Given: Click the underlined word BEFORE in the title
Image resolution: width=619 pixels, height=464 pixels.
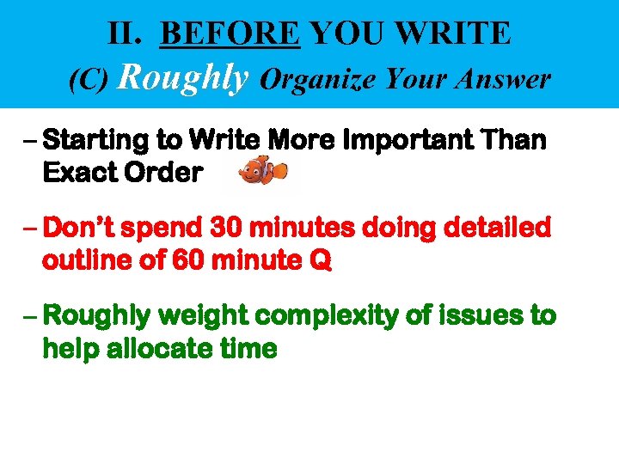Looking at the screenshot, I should [x=230, y=34].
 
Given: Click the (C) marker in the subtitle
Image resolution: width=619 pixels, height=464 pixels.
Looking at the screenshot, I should [x=88, y=80].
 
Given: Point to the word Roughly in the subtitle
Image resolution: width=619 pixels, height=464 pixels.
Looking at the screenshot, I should [x=182, y=77].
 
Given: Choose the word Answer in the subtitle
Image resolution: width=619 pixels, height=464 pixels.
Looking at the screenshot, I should [x=507, y=80].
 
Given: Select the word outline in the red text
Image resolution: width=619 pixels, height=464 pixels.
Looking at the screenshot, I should [x=89, y=260].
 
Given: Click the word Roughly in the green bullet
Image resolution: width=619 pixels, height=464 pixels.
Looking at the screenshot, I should [x=94, y=317].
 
